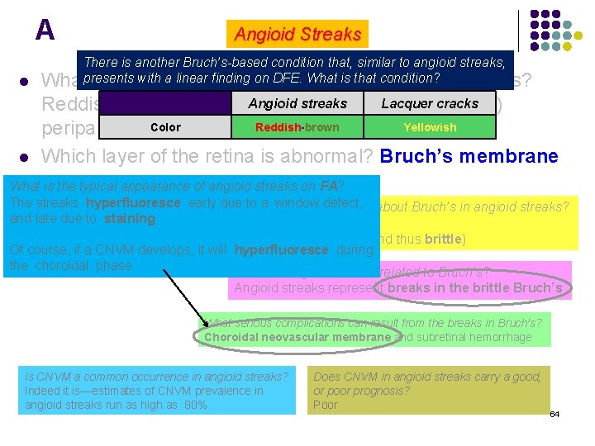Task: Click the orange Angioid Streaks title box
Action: click(x=297, y=35)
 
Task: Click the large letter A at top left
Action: click(x=45, y=31)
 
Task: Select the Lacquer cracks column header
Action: click(x=430, y=103)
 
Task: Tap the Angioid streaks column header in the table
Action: click(x=297, y=103)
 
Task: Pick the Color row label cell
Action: click(x=165, y=127)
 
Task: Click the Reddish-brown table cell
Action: click(x=297, y=127)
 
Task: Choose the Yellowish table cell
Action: click(x=430, y=127)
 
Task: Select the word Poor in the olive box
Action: click(x=326, y=405)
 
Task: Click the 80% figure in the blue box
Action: click(x=195, y=405)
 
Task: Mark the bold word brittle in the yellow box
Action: click(x=444, y=240)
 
